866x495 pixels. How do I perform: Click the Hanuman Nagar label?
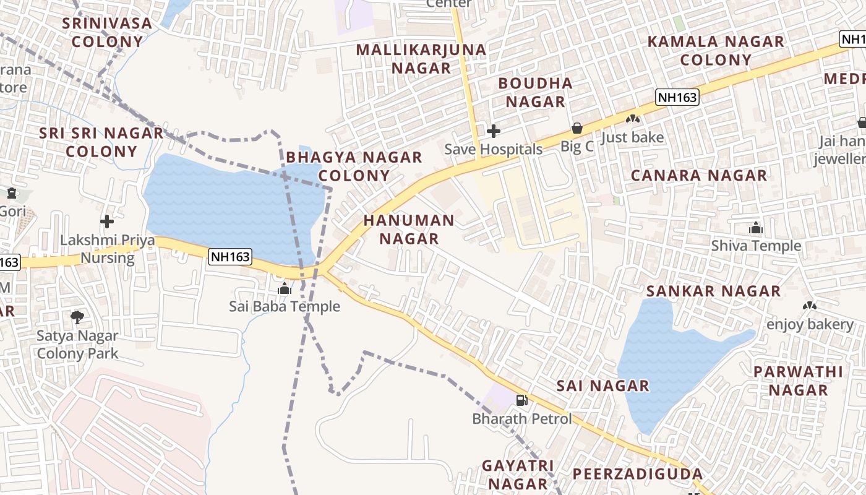tap(409, 229)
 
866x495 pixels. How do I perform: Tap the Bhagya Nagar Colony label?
tap(354, 166)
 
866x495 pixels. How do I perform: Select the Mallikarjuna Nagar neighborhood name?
tap(421, 58)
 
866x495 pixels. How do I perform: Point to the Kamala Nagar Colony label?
tap(716, 51)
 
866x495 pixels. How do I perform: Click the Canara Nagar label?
tap(699, 175)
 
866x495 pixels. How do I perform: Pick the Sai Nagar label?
tap(603, 385)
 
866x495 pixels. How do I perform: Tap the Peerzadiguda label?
tap(637, 474)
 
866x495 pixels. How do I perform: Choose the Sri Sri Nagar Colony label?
tap(101, 142)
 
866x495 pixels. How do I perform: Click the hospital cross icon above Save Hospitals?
tap(493, 131)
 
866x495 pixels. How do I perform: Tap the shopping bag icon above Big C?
tap(577, 128)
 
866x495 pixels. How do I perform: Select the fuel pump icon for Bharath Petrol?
tap(521, 400)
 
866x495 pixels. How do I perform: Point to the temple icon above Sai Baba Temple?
tap(285, 288)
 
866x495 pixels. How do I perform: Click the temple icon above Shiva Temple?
tap(755, 228)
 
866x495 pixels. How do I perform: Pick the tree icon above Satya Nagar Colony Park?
tap(77, 317)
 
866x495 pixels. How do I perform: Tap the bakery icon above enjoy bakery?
tap(809, 306)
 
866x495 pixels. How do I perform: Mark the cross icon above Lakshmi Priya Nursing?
tap(107, 221)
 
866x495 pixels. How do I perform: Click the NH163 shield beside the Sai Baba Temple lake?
tap(229, 257)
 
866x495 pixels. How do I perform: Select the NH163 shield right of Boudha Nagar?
tap(677, 97)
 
